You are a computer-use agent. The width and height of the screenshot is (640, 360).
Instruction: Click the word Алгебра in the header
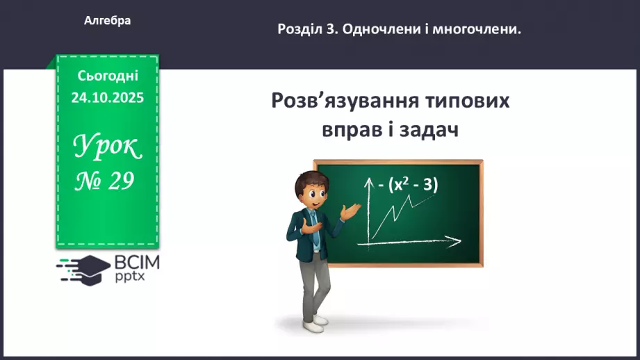coord(108,21)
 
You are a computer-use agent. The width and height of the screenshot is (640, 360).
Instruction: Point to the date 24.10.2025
coord(108,98)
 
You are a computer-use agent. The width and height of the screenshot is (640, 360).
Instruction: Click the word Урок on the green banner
coord(108,146)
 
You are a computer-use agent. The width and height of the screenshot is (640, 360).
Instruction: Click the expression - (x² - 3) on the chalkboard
coord(409,185)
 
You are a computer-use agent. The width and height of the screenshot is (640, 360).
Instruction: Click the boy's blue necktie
coord(315,230)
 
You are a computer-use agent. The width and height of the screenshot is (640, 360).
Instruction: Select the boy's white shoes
coord(315,320)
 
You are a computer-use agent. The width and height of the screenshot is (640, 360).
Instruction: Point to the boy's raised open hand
coord(353,209)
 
